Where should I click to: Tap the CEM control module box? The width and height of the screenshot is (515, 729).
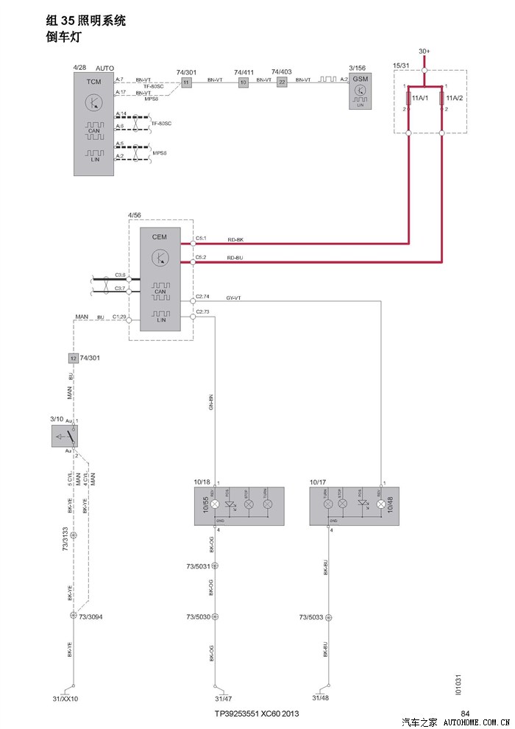[160, 279]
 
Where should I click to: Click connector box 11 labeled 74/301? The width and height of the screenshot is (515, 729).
[186, 82]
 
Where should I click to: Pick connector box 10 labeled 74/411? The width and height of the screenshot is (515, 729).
[244, 82]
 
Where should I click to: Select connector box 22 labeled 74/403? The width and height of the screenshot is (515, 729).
[282, 82]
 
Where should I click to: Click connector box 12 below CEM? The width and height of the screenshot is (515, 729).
[73, 358]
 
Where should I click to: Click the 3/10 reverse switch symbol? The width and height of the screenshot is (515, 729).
[64, 436]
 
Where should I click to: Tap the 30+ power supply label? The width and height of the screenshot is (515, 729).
[425, 52]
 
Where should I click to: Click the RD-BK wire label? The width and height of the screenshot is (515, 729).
[235, 240]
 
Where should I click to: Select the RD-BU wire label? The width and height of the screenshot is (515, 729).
[235, 258]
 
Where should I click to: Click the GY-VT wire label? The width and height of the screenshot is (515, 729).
[234, 298]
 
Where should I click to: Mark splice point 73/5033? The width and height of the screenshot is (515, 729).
[328, 617]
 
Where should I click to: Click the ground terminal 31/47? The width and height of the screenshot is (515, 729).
[223, 698]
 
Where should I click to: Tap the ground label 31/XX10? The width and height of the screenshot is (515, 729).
[65, 698]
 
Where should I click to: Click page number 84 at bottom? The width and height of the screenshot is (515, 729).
[465, 713]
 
